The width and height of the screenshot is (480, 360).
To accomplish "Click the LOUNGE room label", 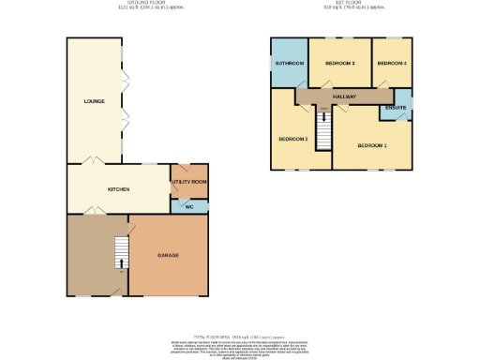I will (93, 101).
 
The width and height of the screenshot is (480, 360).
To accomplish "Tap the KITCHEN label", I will (119, 189).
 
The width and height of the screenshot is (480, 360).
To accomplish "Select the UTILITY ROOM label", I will (188, 182).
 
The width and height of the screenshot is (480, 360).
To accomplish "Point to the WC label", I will (188, 206).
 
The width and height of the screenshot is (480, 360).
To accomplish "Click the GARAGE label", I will (168, 255).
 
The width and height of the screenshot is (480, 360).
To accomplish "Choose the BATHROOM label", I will (289, 63).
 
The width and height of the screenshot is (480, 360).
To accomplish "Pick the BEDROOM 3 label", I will (339, 63).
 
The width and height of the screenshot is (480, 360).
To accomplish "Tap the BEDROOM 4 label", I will (391, 63).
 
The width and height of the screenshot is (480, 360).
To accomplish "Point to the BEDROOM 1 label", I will (372, 145).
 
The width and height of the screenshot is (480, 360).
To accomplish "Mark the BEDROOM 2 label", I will (292, 139).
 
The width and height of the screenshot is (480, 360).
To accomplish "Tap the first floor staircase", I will (324, 129).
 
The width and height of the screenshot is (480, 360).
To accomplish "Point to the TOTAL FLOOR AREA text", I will (238, 336).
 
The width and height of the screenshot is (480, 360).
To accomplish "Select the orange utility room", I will (188, 178).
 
